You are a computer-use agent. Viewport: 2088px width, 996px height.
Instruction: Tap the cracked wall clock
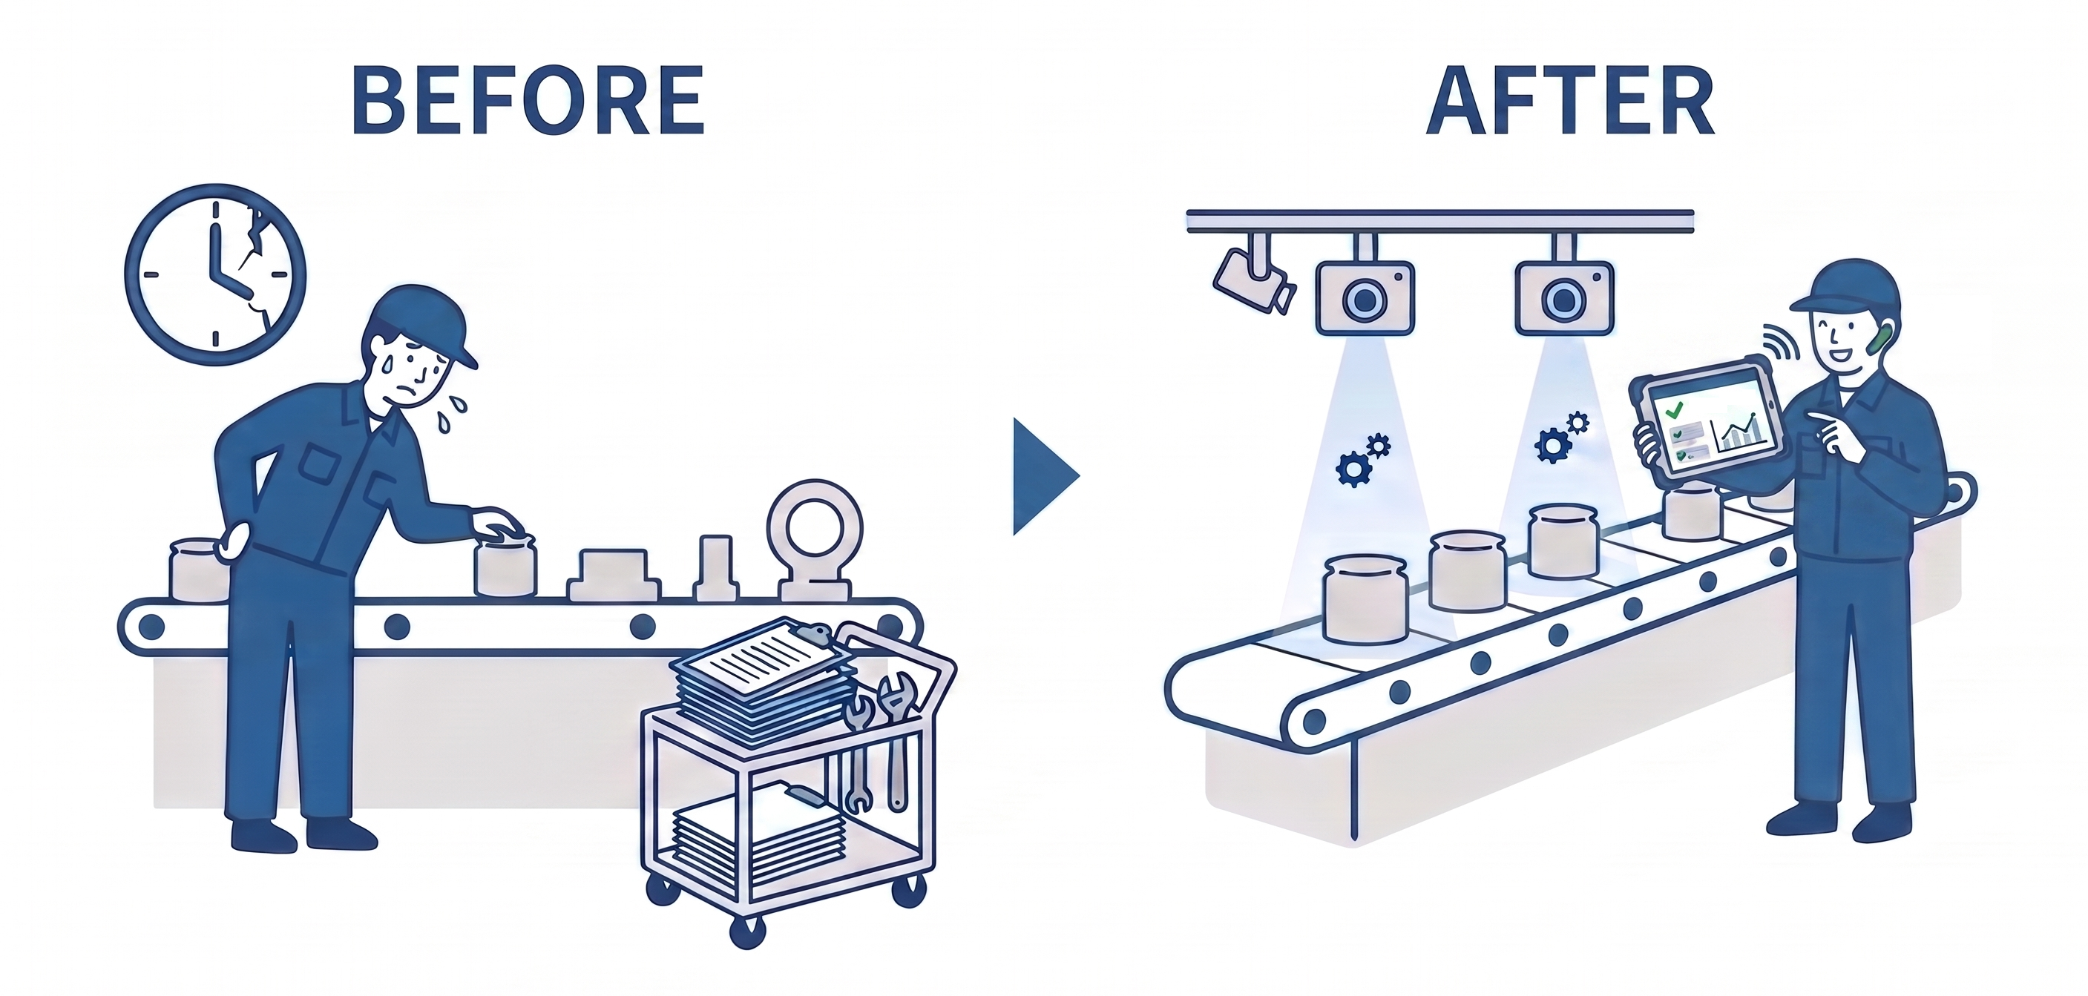214,274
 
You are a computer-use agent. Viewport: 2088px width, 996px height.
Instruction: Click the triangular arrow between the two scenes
1045,477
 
